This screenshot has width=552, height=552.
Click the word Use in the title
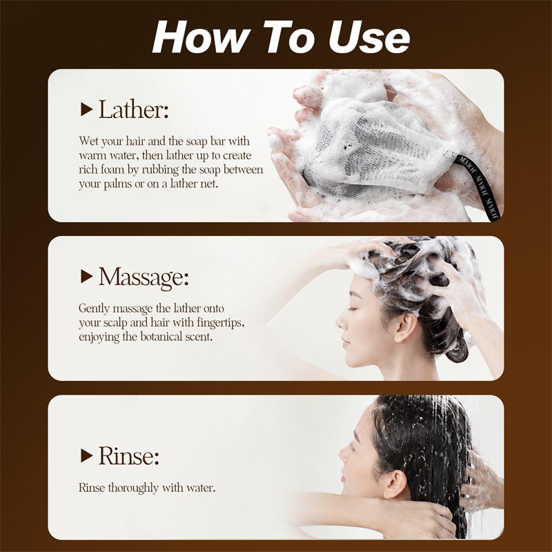click(x=369, y=37)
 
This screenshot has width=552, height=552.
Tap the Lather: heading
click(x=133, y=110)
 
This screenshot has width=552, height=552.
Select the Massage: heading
click(x=144, y=277)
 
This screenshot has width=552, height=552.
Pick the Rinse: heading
click(x=129, y=456)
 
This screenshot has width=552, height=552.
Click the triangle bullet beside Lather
click(x=86, y=109)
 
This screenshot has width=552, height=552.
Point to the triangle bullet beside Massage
click(x=86, y=277)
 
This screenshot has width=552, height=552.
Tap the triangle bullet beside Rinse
click(x=86, y=455)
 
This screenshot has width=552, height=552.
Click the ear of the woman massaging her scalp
click(x=406, y=327)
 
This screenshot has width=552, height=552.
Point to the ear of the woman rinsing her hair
click(x=395, y=484)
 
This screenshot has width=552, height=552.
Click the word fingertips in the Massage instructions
click(x=220, y=323)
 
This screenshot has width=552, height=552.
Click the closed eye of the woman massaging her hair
click(x=352, y=309)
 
